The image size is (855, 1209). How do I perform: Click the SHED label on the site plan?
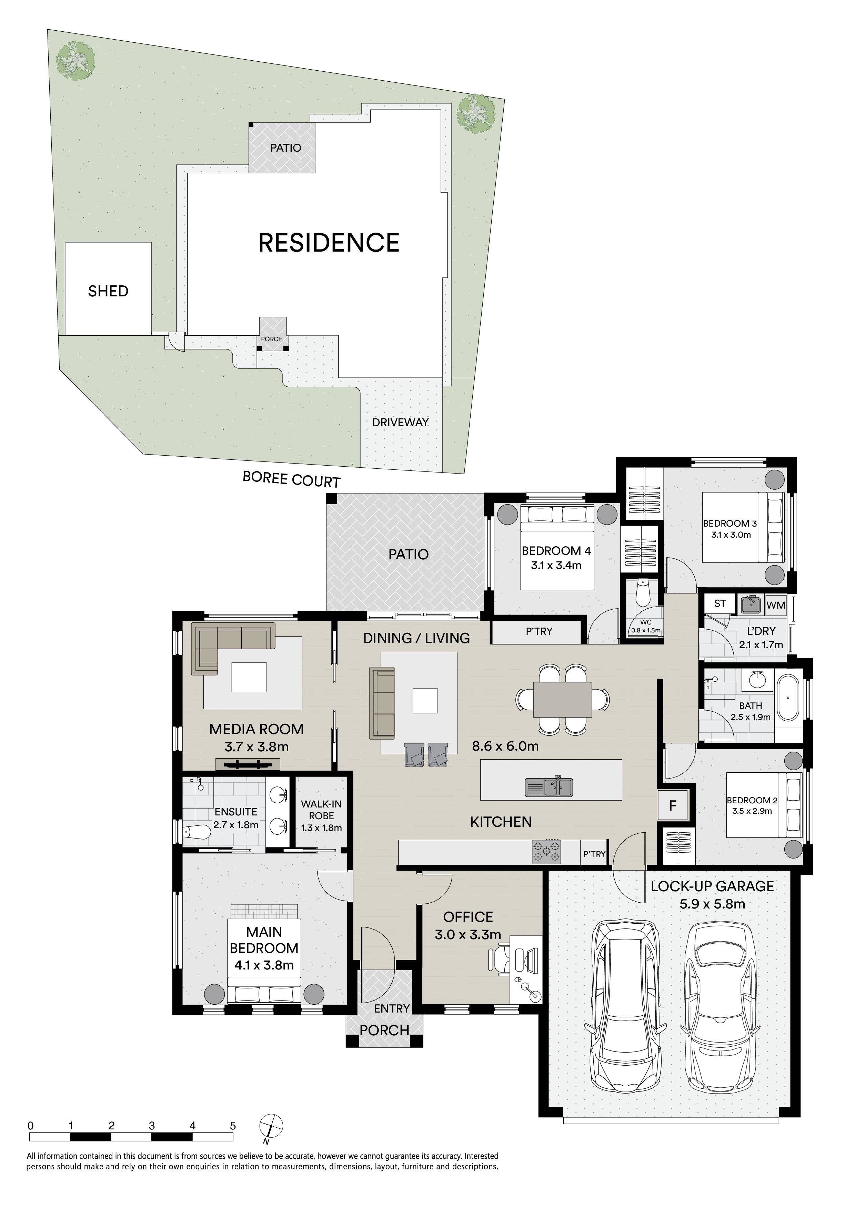(108, 291)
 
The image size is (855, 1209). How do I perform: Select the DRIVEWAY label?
(400, 422)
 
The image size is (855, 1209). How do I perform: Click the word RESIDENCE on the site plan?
(329, 243)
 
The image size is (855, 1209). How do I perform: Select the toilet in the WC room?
(642, 593)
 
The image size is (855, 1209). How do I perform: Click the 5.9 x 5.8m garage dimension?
(712, 904)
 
